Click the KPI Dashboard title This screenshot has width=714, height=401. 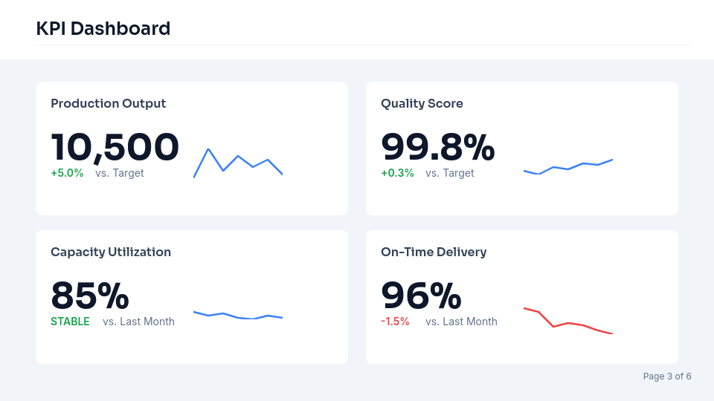tap(103, 29)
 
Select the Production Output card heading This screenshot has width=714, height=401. tap(108, 103)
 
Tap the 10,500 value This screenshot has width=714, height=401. tap(115, 146)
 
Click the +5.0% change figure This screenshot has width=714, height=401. tap(67, 173)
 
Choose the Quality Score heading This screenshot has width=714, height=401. tap(422, 103)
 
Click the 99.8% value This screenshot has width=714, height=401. tap(437, 146)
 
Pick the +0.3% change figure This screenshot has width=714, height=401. tap(397, 173)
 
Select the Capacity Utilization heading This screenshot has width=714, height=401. tap(111, 252)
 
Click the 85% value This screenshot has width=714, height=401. tap(89, 295)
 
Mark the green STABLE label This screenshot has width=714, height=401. tap(70, 322)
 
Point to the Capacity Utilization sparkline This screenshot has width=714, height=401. tap(238, 316)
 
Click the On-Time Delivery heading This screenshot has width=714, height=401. tap(434, 252)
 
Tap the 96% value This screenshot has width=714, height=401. tap(420, 295)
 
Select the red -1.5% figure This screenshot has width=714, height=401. tap(395, 322)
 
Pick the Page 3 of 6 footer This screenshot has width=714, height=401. tap(667, 376)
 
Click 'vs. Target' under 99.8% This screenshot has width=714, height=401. tap(449, 173)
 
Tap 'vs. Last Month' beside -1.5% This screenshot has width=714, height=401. tap(461, 322)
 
